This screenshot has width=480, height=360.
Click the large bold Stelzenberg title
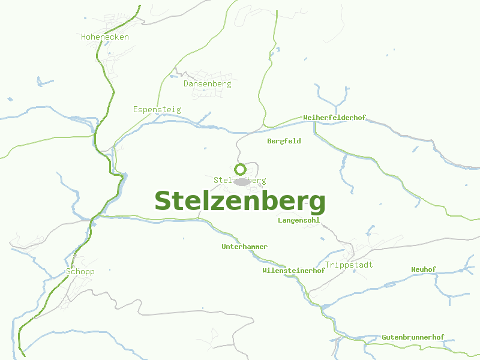pos(240,201)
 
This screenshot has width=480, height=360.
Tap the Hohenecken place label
pos(105,37)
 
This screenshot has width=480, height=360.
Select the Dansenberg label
pos(207,84)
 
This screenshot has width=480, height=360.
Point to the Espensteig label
pos(157,110)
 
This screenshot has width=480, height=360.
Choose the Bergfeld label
pos(284,142)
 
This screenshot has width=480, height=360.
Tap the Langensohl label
pos(299,221)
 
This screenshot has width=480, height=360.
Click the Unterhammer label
pos(244,247)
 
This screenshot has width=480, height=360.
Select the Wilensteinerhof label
pos(293,271)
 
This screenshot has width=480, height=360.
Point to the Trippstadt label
pos(349,265)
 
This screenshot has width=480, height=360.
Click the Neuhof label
pos(424,270)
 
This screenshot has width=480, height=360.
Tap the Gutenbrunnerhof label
pos(413,338)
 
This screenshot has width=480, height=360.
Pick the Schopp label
pos(80,272)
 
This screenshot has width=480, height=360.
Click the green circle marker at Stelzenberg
pos(241,169)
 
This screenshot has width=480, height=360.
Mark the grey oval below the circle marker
pos(241,181)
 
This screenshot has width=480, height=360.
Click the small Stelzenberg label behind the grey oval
pos(222,181)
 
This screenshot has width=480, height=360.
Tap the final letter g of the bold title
pos(317,204)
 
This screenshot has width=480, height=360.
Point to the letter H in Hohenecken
pos(84,37)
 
